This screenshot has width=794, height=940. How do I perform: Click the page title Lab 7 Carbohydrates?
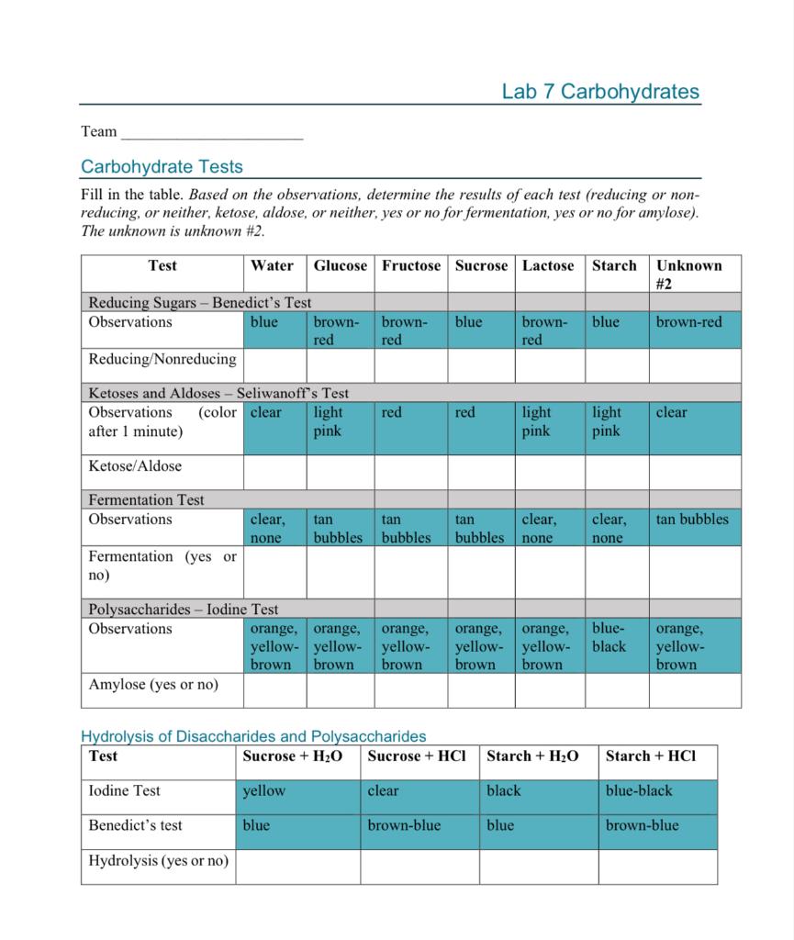click(x=600, y=92)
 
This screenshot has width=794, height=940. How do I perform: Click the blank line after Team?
click(x=212, y=133)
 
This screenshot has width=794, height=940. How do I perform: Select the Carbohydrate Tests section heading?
click(x=162, y=167)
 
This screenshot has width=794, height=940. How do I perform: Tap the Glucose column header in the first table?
click(x=340, y=266)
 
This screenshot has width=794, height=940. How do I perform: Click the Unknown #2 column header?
click(x=688, y=274)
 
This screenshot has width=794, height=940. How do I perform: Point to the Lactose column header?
click(x=548, y=266)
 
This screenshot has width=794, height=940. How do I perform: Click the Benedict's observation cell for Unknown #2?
click(x=694, y=330)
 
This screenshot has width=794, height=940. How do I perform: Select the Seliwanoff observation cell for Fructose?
click(x=410, y=428)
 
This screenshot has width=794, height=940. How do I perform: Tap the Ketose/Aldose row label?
click(x=135, y=466)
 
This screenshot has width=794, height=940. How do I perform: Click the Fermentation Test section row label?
click(x=147, y=500)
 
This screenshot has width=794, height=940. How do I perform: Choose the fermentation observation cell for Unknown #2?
click(x=694, y=528)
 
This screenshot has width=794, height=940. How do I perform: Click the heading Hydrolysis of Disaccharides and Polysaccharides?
click(x=253, y=736)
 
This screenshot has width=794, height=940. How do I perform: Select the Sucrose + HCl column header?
click(x=417, y=756)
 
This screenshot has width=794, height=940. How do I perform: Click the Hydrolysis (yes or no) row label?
click(x=158, y=861)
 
